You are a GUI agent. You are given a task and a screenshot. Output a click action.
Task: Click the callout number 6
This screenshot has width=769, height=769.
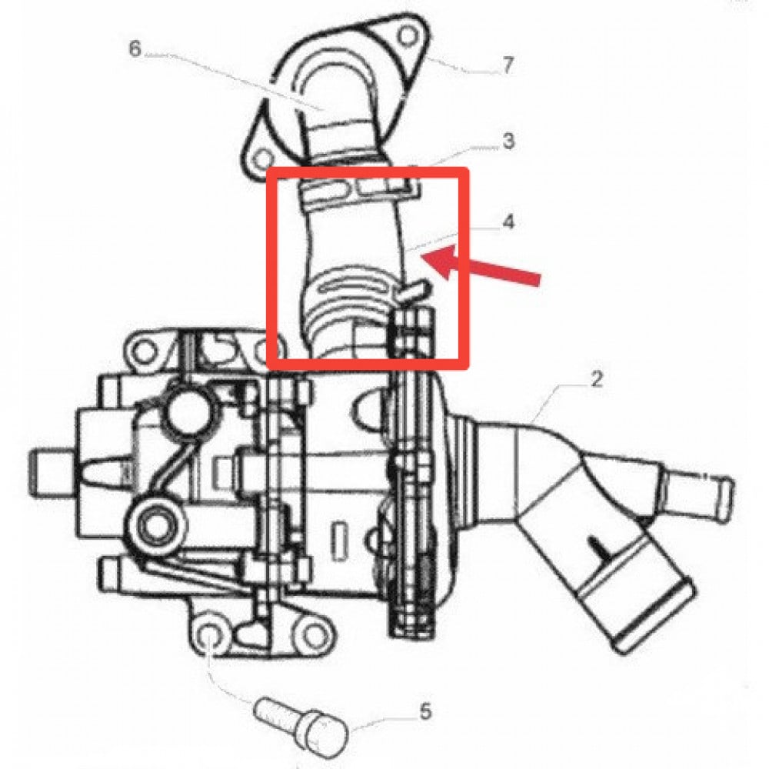135,48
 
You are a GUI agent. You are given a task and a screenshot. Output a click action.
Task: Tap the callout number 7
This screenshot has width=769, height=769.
508,65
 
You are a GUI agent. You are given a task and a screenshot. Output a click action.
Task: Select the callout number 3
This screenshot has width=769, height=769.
508,141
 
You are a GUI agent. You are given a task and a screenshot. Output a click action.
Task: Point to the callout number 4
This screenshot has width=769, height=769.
508,222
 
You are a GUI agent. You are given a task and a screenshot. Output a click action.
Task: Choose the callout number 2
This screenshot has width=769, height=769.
597,378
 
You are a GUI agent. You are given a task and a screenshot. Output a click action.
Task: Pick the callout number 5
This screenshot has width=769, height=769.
425,711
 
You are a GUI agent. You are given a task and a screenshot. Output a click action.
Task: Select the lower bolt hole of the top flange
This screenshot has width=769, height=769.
264,158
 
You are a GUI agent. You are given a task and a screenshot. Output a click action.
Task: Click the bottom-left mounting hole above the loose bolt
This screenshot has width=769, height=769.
208,637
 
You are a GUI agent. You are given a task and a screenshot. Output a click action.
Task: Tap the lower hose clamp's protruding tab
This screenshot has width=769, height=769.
413,290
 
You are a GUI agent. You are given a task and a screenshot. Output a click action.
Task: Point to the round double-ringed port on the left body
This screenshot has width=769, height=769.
156,526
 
